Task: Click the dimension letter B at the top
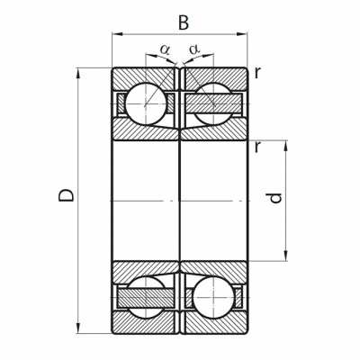click(184, 22)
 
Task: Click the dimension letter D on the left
click(67, 195)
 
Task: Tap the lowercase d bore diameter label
click(275, 198)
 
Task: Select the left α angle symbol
click(165, 49)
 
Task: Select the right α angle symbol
click(194, 49)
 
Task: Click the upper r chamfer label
click(257, 73)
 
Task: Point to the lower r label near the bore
click(257, 147)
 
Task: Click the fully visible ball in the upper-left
click(146, 103)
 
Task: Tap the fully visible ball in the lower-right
click(213, 297)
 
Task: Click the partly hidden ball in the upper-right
click(213, 103)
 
